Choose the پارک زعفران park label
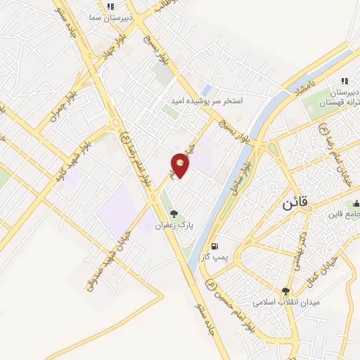tap(174, 225)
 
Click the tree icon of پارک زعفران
tap(174, 213)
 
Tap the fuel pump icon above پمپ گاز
tap(214, 247)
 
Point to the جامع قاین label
tap(345, 215)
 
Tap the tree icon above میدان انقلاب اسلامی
tap(285, 291)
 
